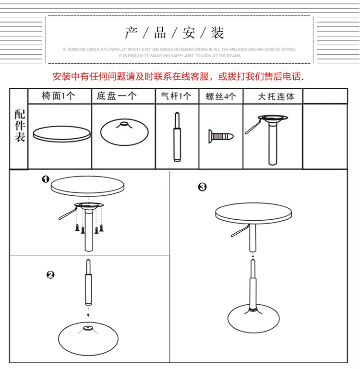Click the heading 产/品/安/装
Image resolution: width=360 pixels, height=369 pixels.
[175, 33]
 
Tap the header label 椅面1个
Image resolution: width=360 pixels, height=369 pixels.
[59, 96]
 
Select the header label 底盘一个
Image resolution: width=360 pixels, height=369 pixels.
[116, 96]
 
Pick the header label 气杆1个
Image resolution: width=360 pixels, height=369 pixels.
[176, 96]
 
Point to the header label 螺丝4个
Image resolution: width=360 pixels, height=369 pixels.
[221, 96]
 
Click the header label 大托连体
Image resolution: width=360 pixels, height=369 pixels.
[276, 96]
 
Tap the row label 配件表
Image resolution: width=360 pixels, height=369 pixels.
[20, 126]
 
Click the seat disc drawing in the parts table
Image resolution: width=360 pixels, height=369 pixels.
[61, 133]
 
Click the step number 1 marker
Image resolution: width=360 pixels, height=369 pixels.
[46, 179]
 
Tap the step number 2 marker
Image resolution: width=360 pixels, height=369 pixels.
[50, 275]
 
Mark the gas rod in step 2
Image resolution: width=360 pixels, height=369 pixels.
[88, 286]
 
